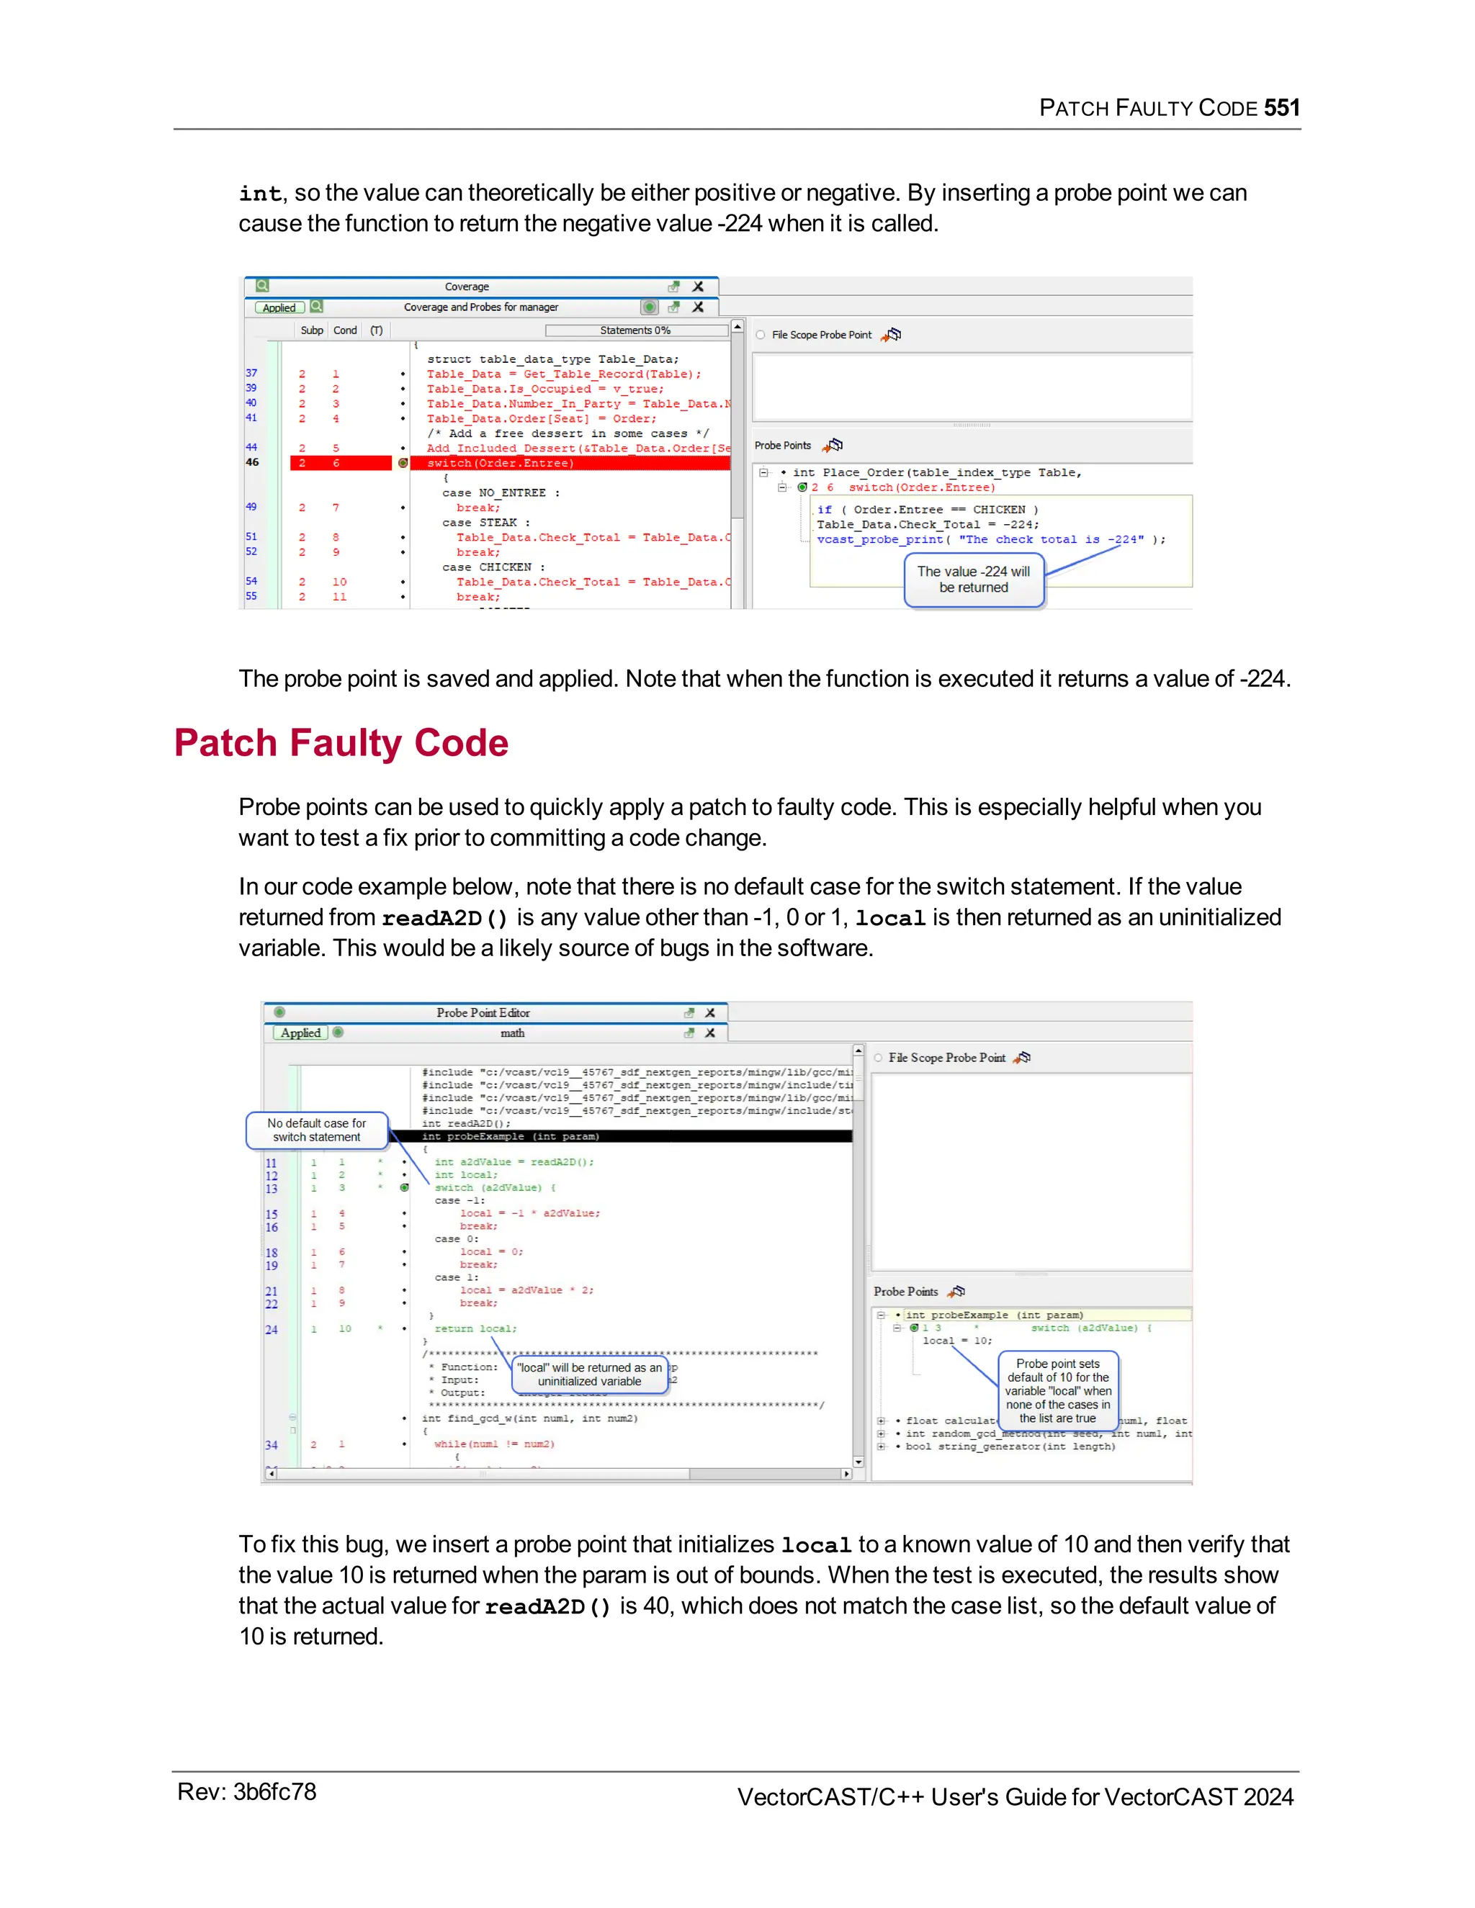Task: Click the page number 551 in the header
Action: (x=1281, y=108)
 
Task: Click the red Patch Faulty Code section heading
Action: (x=341, y=744)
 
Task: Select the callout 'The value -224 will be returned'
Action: (x=974, y=579)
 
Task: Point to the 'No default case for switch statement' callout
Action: (x=316, y=1130)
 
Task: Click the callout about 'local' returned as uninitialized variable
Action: (x=589, y=1374)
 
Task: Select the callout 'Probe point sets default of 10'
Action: (x=1057, y=1390)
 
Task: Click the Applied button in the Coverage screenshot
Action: (x=279, y=307)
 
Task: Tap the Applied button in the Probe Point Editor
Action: (x=300, y=1032)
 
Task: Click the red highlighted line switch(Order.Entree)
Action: (x=500, y=463)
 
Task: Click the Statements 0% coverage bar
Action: (x=635, y=330)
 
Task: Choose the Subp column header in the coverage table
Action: (x=311, y=330)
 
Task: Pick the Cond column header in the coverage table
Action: (x=345, y=330)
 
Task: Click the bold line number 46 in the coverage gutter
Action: (x=251, y=462)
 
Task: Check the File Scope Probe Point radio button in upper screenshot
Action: (x=761, y=335)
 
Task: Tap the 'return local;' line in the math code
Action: (x=475, y=1329)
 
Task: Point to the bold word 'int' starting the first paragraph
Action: (x=259, y=194)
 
